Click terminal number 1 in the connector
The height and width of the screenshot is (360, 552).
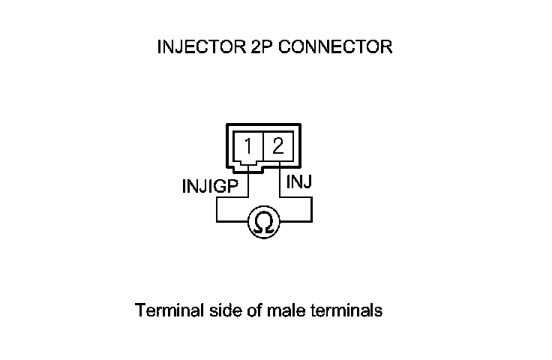(248, 145)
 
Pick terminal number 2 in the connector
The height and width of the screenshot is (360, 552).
(277, 145)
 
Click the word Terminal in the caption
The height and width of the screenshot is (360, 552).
(165, 310)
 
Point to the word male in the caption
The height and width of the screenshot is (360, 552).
(281, 310)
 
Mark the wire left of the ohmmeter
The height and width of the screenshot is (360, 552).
(232, 222)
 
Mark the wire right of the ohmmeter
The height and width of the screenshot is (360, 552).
(296, 222)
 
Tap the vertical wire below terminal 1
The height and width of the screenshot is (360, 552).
(247, 184)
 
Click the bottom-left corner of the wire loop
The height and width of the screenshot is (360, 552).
(217, 222)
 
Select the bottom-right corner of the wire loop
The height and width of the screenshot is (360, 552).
(311, 222)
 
